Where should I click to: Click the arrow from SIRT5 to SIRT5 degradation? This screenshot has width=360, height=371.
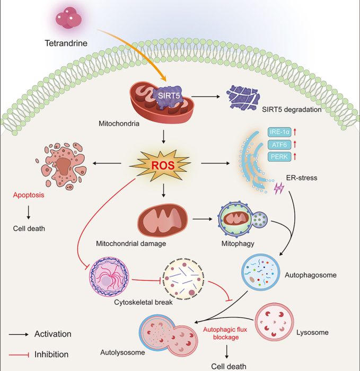click(x=210, y=98)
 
